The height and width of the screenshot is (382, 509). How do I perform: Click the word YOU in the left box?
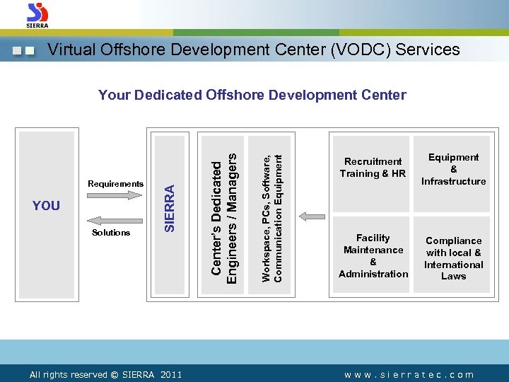(x=47, y=206)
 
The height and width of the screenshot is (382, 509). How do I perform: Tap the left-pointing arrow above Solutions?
(x=116, y=220)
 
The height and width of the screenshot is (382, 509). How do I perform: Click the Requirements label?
(x=115, y=184)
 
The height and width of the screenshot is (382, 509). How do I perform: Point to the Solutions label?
(x=111, y=233)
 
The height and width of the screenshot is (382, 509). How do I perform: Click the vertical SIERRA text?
(x=170, y=207)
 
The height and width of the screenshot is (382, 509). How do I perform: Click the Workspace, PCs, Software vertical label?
(x=272, y=209)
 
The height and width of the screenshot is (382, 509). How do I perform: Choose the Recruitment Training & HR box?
(x=373, y=168)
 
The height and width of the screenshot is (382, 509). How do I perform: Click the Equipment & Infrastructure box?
(x=453, y=170)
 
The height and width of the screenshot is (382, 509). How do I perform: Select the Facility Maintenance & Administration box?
(x=373, y=256)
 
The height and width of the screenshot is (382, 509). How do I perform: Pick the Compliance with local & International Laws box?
(x=453, y=258)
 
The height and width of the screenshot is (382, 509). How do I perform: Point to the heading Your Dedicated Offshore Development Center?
(x=252, y=95)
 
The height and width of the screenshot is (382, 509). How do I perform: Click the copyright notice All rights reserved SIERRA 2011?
(x=105, y=375)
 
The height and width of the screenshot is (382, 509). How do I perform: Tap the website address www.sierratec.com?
(x=409, y=375)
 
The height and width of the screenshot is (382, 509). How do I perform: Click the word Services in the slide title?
(x=428, y=50)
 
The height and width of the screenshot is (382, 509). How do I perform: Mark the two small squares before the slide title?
(x=24, y=51)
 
